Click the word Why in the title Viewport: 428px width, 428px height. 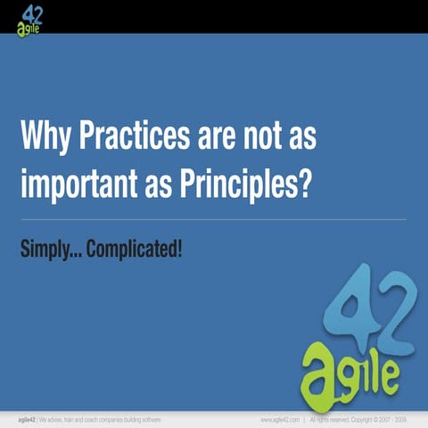45,139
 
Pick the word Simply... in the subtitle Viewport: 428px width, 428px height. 55,248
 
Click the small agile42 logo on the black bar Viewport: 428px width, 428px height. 30,18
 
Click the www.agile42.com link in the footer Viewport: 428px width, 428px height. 279,418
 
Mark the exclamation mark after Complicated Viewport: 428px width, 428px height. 179,247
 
